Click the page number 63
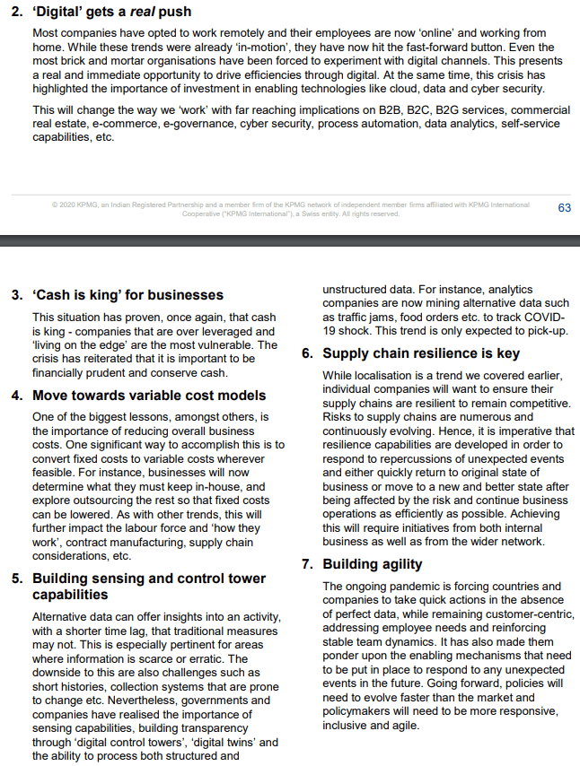pos(564,208)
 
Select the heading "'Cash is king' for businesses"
pos(127,294)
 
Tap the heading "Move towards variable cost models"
pos(149,395)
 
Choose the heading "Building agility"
pos(373,564)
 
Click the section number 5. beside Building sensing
pos(17,579)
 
